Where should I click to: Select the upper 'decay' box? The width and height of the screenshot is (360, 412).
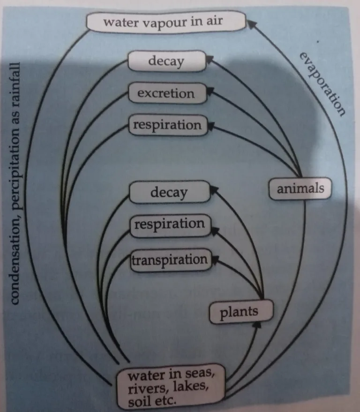click(166, 61)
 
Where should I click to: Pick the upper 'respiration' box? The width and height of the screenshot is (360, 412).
click(167, 125)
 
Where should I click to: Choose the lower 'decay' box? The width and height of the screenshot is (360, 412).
click(168, 192)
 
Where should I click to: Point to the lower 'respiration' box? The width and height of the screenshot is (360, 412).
click(169, 224)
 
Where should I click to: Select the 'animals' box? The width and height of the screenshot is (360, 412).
click(300, 189)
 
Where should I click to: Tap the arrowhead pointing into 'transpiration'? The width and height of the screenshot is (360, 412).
click(216, 258)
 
